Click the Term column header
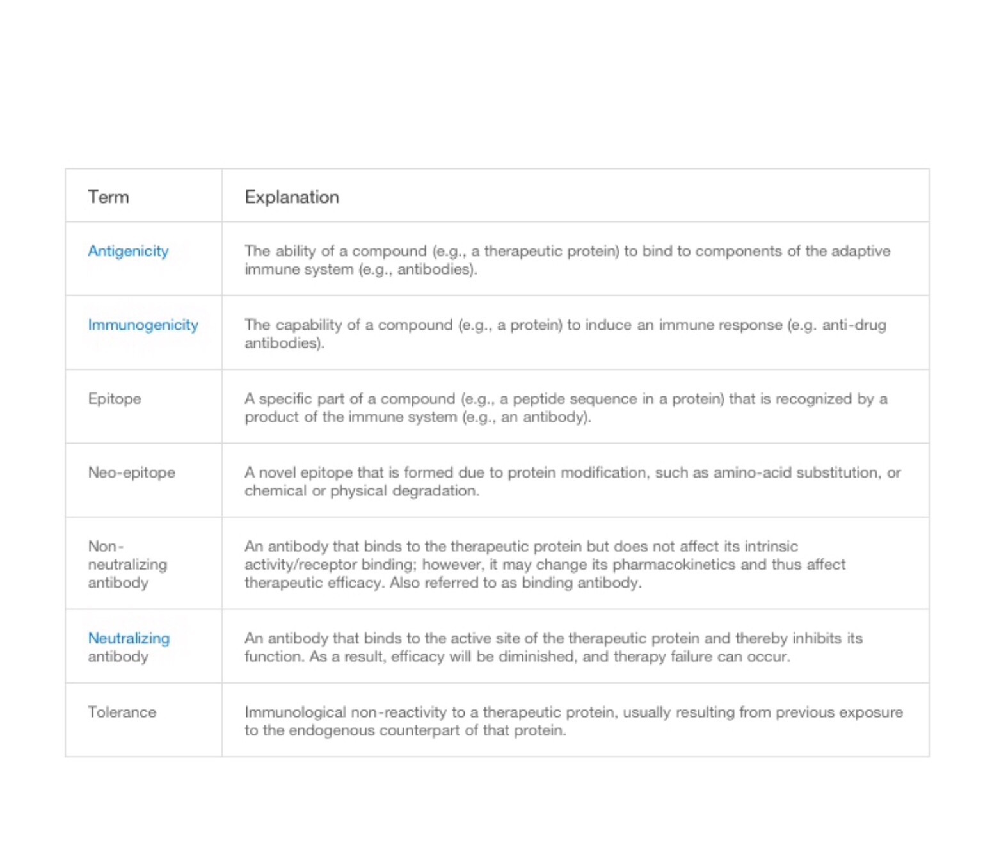point(108,197)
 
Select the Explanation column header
point(292,197)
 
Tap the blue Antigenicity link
point(128,251)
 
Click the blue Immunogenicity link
point(143,325)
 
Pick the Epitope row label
point(115,399)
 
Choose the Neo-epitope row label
point(131,472)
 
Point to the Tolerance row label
point(122,712)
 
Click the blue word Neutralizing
point(129,638)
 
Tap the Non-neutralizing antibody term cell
point(127,565)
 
